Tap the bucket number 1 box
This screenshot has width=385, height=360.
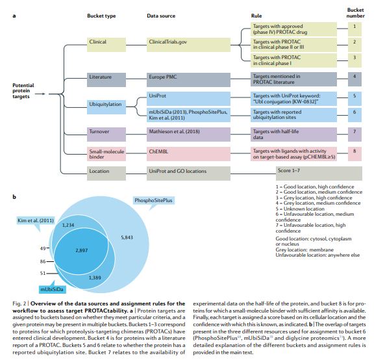[354, 26]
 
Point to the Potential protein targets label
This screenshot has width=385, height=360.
[25, 92]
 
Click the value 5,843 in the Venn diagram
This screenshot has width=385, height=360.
[127, 238]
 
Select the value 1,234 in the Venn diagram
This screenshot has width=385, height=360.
[69, 224]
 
